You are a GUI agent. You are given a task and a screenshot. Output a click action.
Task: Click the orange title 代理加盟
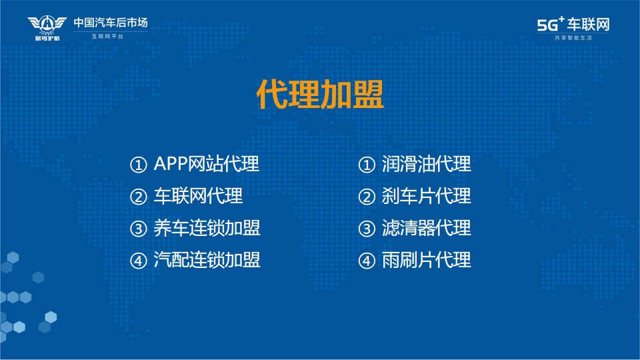coord(320,94)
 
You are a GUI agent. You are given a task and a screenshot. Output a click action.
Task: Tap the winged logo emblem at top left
coord(47,28)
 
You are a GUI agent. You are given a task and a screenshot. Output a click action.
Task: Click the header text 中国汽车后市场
coord(111,23)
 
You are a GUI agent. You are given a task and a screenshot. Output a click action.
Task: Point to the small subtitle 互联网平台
coord(107,37)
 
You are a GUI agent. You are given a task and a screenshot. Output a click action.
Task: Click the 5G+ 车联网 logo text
coord(573,24)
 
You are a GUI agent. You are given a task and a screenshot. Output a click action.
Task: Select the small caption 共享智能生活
coord(573,38)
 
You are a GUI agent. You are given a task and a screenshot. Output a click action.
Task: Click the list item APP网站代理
coord(206,164)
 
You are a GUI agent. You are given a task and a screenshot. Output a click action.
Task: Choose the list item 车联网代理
coord(198,196)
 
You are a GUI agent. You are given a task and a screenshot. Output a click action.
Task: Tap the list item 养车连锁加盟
coord(207,228)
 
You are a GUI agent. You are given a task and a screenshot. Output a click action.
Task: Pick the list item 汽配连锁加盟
coord(207,259)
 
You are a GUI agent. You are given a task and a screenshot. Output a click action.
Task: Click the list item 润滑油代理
coord(427,164)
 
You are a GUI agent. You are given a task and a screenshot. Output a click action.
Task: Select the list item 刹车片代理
coord(427,196)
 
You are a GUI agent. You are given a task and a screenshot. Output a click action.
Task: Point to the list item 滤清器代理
coord(427,228)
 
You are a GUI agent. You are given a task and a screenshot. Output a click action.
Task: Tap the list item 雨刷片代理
coord(427,259)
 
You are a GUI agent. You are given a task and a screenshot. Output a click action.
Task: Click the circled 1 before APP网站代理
coord(139,165)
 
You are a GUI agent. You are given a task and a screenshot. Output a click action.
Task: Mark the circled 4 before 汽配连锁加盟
coord(139,261)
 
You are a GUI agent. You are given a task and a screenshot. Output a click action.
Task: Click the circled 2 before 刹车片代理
coord(367,197)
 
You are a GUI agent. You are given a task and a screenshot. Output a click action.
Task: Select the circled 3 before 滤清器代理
coord(367,229)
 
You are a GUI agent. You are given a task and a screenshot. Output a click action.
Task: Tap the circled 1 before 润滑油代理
coord(367,165)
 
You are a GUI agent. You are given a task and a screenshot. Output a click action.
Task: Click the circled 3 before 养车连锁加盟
coord(139,229)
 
